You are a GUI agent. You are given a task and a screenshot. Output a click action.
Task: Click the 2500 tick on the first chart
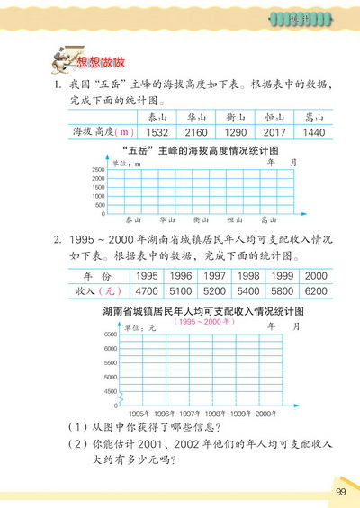tap(98, 169)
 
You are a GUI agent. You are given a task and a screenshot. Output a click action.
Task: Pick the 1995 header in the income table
tap(147, 276)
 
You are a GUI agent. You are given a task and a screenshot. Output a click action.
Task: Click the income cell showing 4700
tap(147, 291)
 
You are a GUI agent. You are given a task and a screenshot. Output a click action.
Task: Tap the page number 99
tap(340, 491)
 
